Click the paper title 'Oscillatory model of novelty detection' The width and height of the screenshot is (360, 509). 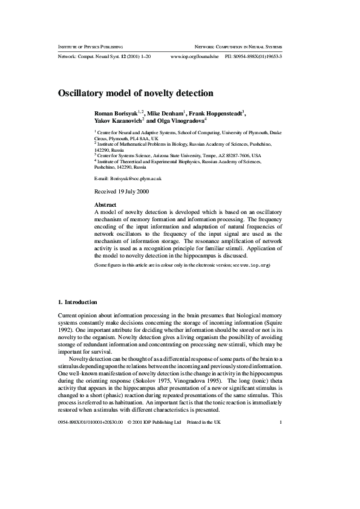[136, 94]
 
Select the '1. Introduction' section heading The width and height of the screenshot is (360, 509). [77, 302]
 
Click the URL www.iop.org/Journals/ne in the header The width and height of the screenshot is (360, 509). [195, 56]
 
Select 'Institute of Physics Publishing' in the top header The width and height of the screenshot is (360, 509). [90, 47]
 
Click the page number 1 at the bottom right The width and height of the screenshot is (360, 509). [281, 422]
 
